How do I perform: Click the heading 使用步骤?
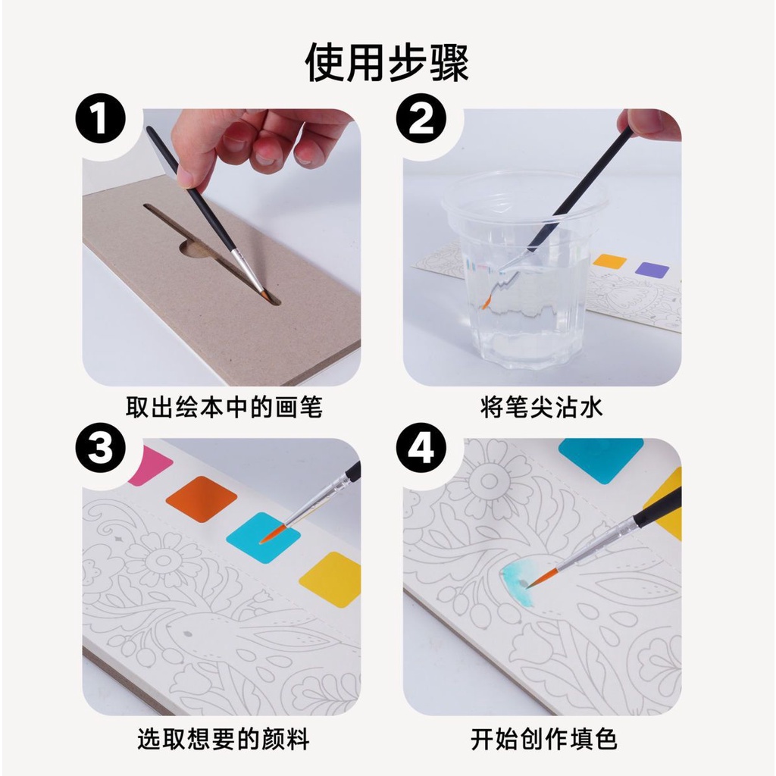tap(387, 62)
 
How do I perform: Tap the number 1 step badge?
tap(101, 118)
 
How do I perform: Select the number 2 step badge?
tap(421, 118)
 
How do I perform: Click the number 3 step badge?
tap(101, 448)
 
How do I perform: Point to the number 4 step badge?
tap(421, 448)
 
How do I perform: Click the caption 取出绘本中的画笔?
tap(224, 407)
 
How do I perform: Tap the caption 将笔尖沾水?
tap(542, 407)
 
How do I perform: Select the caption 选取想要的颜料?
tap(224, 739)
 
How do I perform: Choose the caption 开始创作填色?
tap(543, 739)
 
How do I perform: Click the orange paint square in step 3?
tap(202, 499)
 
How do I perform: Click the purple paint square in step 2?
tap(652, 270)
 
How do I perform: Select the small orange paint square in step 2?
tap(610, 261)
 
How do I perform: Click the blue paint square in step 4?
tap(601, 461)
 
